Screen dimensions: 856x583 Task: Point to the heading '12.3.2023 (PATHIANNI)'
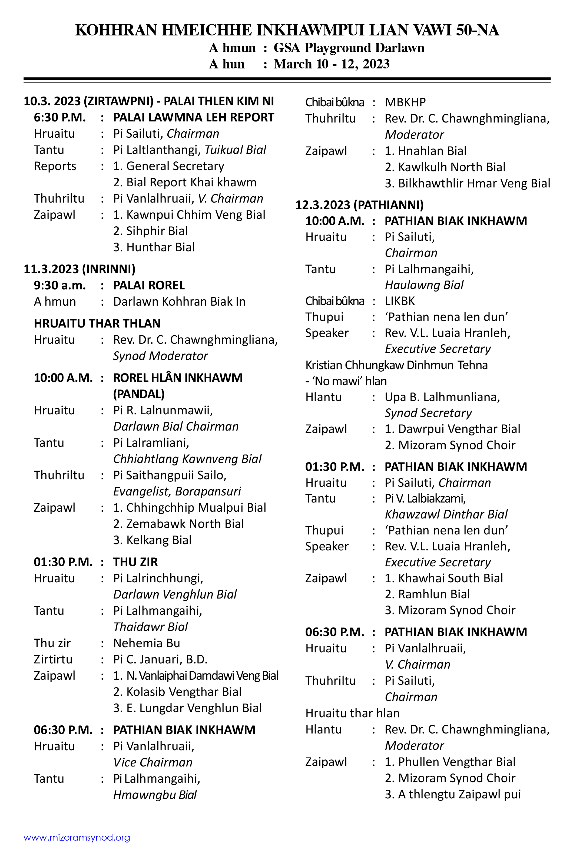359,205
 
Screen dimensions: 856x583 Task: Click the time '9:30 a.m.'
60,285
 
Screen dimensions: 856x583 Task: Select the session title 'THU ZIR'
135,562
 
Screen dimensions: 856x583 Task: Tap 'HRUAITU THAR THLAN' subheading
97,323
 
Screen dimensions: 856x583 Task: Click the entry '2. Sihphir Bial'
150,231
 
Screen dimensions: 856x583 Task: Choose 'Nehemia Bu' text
147,643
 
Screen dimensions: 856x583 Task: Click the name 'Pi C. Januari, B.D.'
160,659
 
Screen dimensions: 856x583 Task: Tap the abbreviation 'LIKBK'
400,301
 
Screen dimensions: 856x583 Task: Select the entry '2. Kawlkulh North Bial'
445,167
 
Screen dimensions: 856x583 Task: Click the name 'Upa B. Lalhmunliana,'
442,397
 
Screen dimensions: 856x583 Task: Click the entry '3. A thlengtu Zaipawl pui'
453,795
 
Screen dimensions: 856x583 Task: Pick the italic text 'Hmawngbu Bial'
155,795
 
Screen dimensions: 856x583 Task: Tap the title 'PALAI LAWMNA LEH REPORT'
193,117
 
